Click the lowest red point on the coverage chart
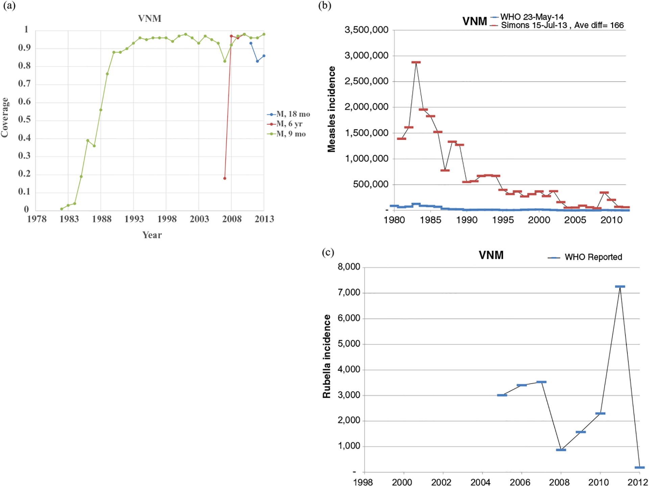pos(225,178)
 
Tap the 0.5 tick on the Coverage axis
pos(24,119)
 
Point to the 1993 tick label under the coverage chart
pos(134,219)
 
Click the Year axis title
pos(152,235)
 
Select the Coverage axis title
pos(5,117)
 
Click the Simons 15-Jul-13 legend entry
pos(534,25)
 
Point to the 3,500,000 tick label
pos(366,30)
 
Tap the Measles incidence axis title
pos(332,109)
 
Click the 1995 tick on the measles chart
pos(503,220)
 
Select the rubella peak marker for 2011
pos(620,287)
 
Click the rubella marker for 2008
pos(561,450)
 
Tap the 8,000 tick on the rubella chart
pos(349,267)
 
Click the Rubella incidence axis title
pos(327,356)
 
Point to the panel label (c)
pos(328,252)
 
